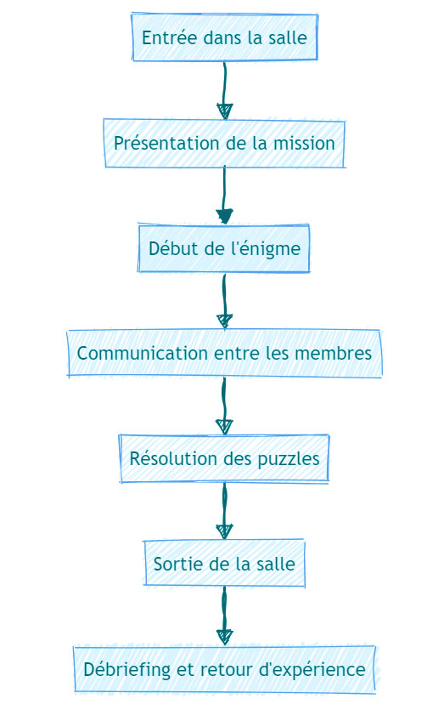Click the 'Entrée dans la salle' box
tap(225, 37)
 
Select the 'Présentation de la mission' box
tap(225, 143)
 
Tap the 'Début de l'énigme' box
tap(224, 248)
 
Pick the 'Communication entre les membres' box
tap(225, 354)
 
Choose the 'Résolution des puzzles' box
tap(225, 458)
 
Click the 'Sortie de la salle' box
tap(225, 564)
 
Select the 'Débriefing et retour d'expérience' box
tap(225, 669)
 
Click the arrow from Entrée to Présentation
tap(224, 90)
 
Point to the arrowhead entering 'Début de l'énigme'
tap(224, 217)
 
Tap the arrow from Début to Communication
tap(224, 301)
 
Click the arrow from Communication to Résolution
tap(224, 406)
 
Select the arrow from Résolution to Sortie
tap(224, 511)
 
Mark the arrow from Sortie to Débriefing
tap(224, 616)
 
